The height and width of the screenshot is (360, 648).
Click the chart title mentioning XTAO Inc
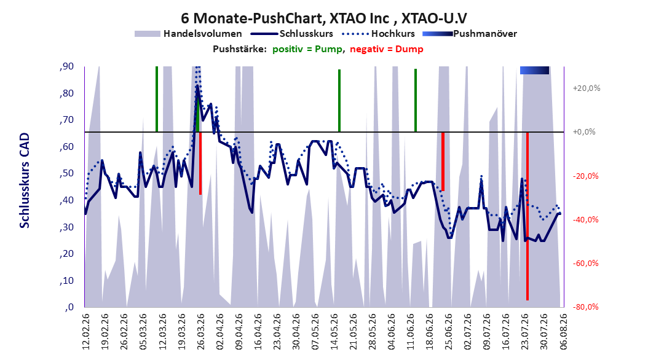point(323,18)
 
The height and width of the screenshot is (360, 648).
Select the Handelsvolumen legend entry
point(188,34)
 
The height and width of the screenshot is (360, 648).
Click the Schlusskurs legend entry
point(293,34)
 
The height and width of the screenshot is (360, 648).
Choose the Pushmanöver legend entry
point(470,34)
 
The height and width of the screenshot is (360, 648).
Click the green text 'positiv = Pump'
point(307,49)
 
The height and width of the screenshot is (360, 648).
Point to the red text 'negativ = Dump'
point(387,49)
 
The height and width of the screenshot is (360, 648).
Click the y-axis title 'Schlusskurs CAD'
point(25,180)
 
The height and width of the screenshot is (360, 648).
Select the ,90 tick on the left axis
point(66,66)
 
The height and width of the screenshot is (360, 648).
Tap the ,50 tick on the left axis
point(66,173)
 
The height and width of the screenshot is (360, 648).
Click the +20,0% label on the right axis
point(587,88)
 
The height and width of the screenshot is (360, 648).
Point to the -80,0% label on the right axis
point(585,307)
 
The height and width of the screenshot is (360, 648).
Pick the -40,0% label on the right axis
point(585,220)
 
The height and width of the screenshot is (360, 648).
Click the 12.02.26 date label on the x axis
point(86,331)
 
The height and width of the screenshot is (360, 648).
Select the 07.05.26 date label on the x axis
point(315,331)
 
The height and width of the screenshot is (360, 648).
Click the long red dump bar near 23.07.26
point(527,216)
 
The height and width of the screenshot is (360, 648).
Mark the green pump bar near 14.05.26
point(339,101)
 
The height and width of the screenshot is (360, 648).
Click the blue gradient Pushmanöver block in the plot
point(534,70)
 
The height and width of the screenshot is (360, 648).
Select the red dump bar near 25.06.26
point(443,162)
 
